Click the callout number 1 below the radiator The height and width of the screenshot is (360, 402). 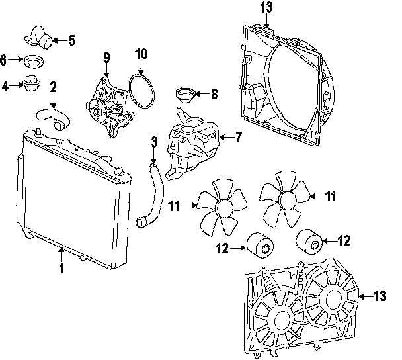pos(61,269)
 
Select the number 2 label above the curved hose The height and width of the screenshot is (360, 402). pos(54,87)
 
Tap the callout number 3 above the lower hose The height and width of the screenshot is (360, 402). pos(153,142)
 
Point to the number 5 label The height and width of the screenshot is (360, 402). pos(71,41)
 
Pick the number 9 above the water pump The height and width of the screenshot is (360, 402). pos(106,58)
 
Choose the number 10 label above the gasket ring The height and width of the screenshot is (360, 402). pos(141,53)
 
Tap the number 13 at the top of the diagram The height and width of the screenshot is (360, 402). pos(266,9)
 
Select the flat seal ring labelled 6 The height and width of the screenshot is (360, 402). pos(33,62)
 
